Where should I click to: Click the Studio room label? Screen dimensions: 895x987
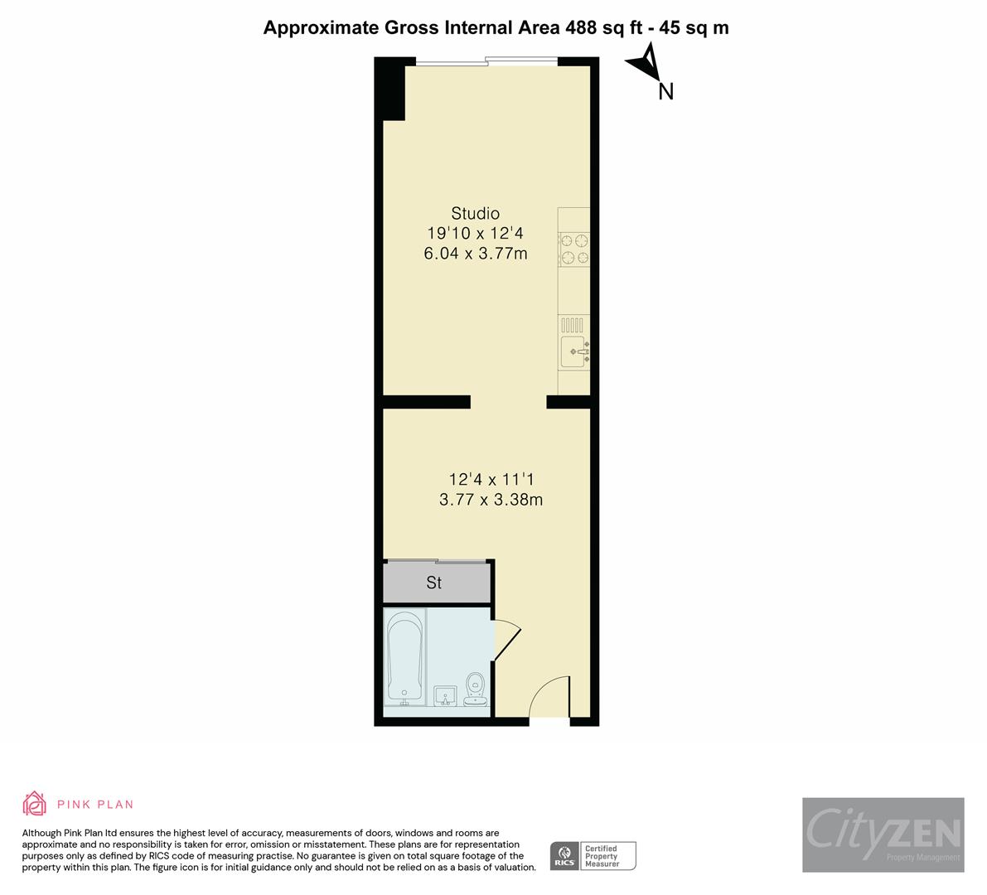[x=475, y=213]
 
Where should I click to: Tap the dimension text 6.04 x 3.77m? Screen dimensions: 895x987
[x=475, y=254]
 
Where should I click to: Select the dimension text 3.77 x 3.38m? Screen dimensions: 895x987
[x=491, y=500]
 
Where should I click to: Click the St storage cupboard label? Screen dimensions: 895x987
[x=434, y=583]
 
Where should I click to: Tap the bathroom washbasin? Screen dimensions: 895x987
[x=445, y=695]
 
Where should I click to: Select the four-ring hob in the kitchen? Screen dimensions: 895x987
[x=574, y=249]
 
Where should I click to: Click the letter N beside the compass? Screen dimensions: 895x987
[x=665, y=92]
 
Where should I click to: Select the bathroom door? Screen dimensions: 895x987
[x=506, y=641]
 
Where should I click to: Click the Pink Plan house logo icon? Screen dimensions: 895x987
[x=35, y=803]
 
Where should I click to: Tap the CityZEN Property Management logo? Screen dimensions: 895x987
[x=883, y=835]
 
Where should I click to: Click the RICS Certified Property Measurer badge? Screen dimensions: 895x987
[x=593, y=855]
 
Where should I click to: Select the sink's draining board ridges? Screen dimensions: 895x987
[x=573, y=324]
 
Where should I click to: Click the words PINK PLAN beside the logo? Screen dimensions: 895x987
[x=95, y=804]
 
